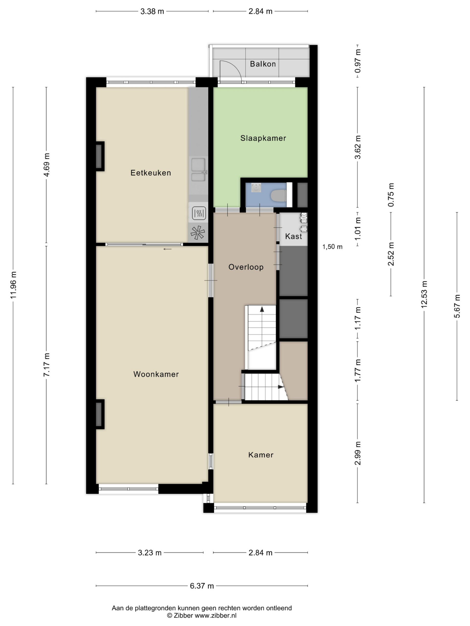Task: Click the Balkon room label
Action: (263, 64)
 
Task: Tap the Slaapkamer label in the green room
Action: (263, 138)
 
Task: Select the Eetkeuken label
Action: (151, 173)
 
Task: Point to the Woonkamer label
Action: (156, 374)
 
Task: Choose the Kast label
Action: (294, 236)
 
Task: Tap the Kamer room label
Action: (261, 455)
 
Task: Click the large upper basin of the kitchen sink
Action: (198, 164)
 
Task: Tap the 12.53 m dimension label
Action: (424, 294)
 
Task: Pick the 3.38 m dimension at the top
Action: (152, 11)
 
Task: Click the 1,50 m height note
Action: (332, 247)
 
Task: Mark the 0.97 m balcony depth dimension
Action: (358, 61)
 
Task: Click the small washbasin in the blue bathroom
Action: (256, 188)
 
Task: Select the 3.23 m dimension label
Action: (150, 552)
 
